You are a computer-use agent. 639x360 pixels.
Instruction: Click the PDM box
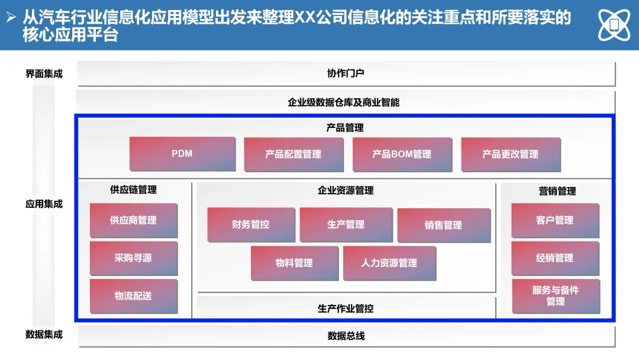[x=182, y=154]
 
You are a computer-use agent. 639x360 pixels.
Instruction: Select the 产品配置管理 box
[x=293, y=155]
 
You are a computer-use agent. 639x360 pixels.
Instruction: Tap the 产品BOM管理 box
[x=402, y=155]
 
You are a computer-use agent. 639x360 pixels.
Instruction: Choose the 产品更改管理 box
[x=510, y=155]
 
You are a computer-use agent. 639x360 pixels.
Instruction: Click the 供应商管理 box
[x=133, y=220]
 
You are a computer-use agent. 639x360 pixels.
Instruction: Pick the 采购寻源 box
[x=133, y=258]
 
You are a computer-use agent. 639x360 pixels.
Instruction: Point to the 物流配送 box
[x=133, y=296]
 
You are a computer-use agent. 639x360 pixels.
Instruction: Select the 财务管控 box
[x=251, y=225]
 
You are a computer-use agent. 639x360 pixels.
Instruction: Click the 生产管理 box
[x=346, y=225]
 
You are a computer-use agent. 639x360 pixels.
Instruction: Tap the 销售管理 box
[x=444, y=226]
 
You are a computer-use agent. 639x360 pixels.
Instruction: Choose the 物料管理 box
[x=294, y=263]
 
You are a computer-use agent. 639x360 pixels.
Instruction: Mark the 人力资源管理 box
[x=389, y=263]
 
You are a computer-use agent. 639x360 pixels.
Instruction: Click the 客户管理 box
[x=555, y=220]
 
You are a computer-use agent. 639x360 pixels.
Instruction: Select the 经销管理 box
[x=555, y=258]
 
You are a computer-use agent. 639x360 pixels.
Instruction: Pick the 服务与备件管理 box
[x=556, y=296]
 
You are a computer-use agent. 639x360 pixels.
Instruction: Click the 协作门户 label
[x=346, y=73]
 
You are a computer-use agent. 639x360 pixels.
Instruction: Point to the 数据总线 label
[x=346, y=336]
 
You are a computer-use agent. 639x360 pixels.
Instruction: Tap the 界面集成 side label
[x=44, y=74]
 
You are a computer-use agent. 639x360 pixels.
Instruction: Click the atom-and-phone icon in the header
[x=614, y=25]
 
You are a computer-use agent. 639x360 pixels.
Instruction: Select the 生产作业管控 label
[x=346, y=308]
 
